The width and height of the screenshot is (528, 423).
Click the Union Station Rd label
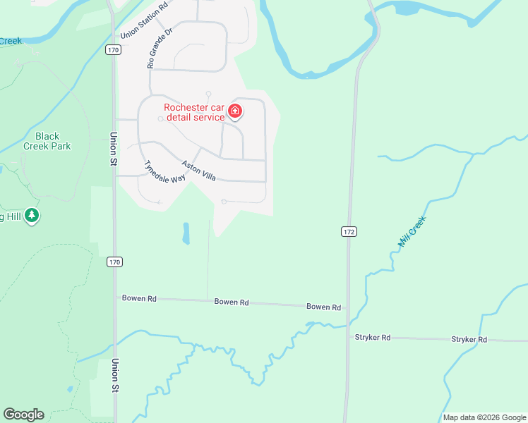click(144, 20)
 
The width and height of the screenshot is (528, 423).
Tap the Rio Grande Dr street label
click(160, 49)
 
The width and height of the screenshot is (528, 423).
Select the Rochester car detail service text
click(194, 112)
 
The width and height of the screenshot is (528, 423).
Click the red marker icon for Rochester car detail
click(235, 111)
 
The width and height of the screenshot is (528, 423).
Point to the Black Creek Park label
click(47, 141)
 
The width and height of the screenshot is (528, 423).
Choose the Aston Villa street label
click(198, 170)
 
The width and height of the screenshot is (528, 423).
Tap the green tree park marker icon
click(31, 215)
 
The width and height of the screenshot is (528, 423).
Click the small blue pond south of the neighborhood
click(186, 233)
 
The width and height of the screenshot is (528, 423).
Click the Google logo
click(23, 415)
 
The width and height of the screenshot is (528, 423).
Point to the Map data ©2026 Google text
click(484, 418)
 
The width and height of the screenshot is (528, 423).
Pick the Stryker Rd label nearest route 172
click(372, 338)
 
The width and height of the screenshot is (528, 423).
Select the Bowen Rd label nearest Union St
click(139, 298)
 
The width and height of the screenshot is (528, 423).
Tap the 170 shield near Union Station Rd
click(114, 50)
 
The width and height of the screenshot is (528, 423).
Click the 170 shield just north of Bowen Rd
click(115, 262)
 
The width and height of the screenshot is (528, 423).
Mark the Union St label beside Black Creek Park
click(113, 148)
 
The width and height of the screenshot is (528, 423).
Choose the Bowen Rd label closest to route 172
click(323, 307)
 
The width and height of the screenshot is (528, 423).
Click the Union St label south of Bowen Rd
click(114, 375)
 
